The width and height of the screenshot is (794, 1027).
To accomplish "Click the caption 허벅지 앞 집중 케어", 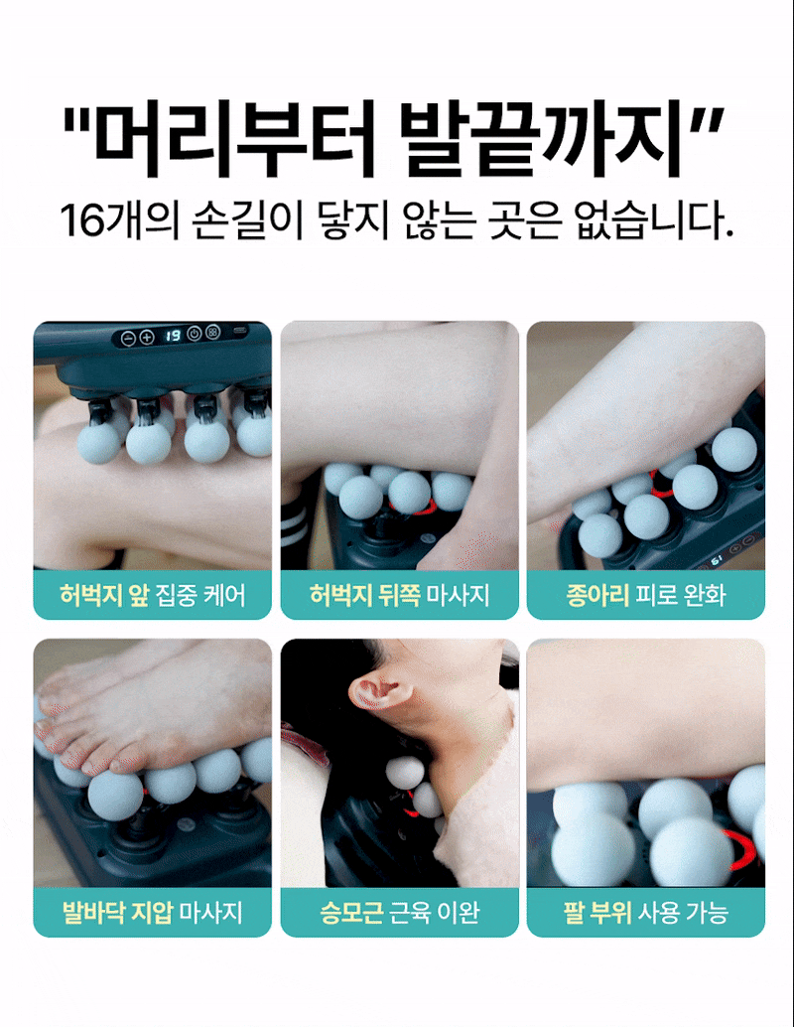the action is (153, 595).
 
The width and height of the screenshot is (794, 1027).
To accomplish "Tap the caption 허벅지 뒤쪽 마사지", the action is (399, 595).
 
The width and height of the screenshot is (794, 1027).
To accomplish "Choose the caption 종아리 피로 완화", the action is (646, 595).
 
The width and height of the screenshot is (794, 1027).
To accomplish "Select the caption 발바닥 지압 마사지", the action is (153, 912).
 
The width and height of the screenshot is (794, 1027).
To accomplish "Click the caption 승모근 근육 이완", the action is (399, 912).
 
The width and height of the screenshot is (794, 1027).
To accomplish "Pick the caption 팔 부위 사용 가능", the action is (646, 912).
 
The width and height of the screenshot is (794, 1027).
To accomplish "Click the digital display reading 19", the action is (172, 336).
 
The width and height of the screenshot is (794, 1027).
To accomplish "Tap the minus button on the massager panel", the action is (129, 338).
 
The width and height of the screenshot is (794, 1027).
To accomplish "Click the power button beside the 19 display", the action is (194, 334).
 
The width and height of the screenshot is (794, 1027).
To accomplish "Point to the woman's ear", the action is (381, 693).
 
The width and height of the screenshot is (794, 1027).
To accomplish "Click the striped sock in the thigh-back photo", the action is (295, 524).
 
